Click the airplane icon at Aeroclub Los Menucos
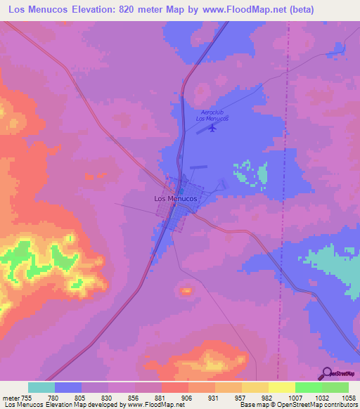pyautogui.click(x=214, y=127)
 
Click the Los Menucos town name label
pyautogui.click(x=175, y=198)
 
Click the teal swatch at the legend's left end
pyautogui.click(x=41, y=387)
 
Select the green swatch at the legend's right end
pyautogui.click(x=335, y=387)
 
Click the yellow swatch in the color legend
pyautogui.click(x=281, y=387)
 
